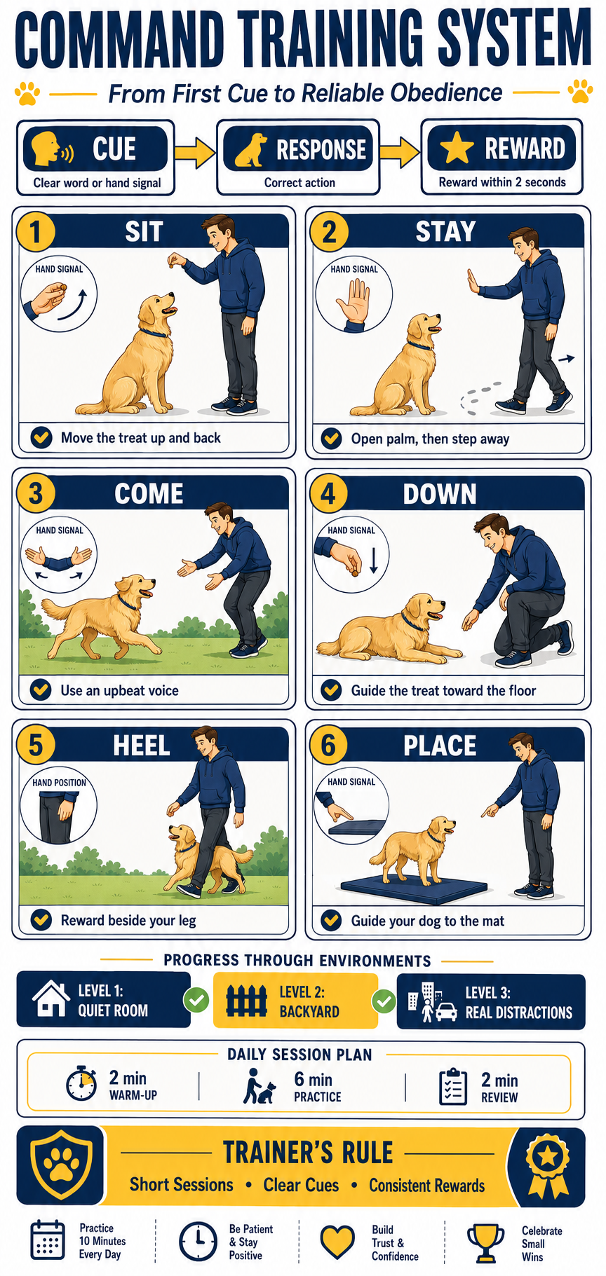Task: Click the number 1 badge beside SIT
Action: point(35,232)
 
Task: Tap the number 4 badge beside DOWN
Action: point(328,494)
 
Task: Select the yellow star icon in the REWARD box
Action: point(457,149)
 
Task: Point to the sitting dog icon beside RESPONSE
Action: point(251,150)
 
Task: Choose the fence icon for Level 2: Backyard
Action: point(246,1001)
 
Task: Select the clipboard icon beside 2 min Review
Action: point(453,1087)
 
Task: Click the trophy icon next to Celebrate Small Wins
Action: point(485,1243)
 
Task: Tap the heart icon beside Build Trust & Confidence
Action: point(337,1242)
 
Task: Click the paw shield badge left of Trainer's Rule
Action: point(62,1165)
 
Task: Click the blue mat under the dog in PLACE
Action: point(414,886)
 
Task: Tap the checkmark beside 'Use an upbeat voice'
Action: point(41,690)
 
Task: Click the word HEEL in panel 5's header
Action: point(142,746)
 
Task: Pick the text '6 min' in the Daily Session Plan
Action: point(314,1079)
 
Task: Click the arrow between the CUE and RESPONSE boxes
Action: point(195,153)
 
